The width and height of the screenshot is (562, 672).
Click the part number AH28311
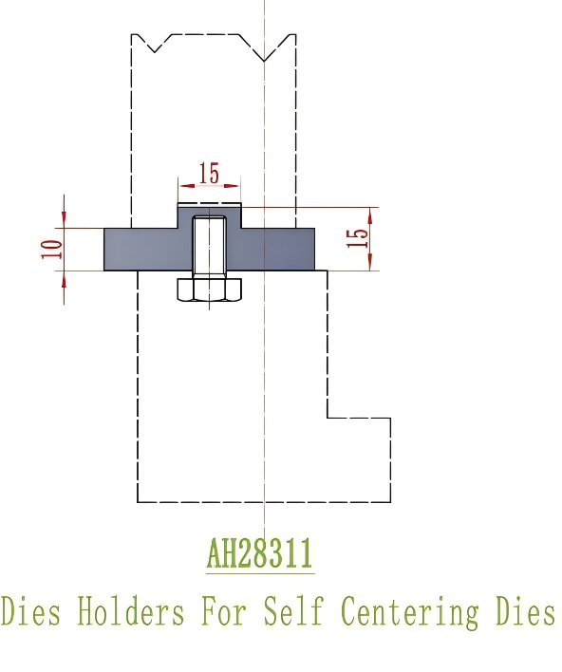tap(259, 553)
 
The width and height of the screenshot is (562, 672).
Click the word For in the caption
tap(222, 612)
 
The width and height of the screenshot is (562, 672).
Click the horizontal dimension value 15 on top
tap(209, 174)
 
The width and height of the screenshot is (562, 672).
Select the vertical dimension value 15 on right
tap(357, 238)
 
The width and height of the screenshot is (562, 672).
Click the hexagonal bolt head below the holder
tap(209, 290)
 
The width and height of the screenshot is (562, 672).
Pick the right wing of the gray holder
tap(285, 249)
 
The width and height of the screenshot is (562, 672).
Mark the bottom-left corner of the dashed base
tap(140, 501)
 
